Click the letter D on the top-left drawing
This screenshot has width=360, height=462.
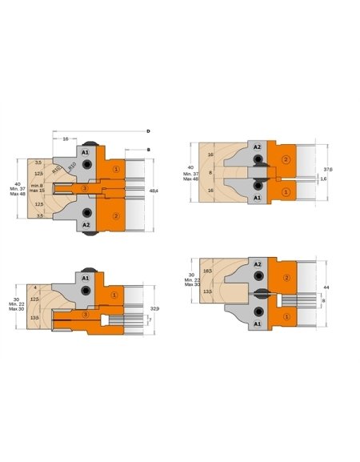point(149,131)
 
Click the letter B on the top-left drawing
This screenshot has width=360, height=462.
point(149,148)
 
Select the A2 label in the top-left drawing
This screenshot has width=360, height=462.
point(85,225)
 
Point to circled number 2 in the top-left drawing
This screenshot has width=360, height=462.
point(116,215)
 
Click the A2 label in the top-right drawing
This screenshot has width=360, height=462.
point(257,147)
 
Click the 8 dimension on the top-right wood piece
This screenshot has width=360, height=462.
point(210,172)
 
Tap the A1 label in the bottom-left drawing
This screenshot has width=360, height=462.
point(85,277)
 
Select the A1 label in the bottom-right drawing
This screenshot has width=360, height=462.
point(257,324)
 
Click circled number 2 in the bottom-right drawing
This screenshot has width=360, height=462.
point(286,278)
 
